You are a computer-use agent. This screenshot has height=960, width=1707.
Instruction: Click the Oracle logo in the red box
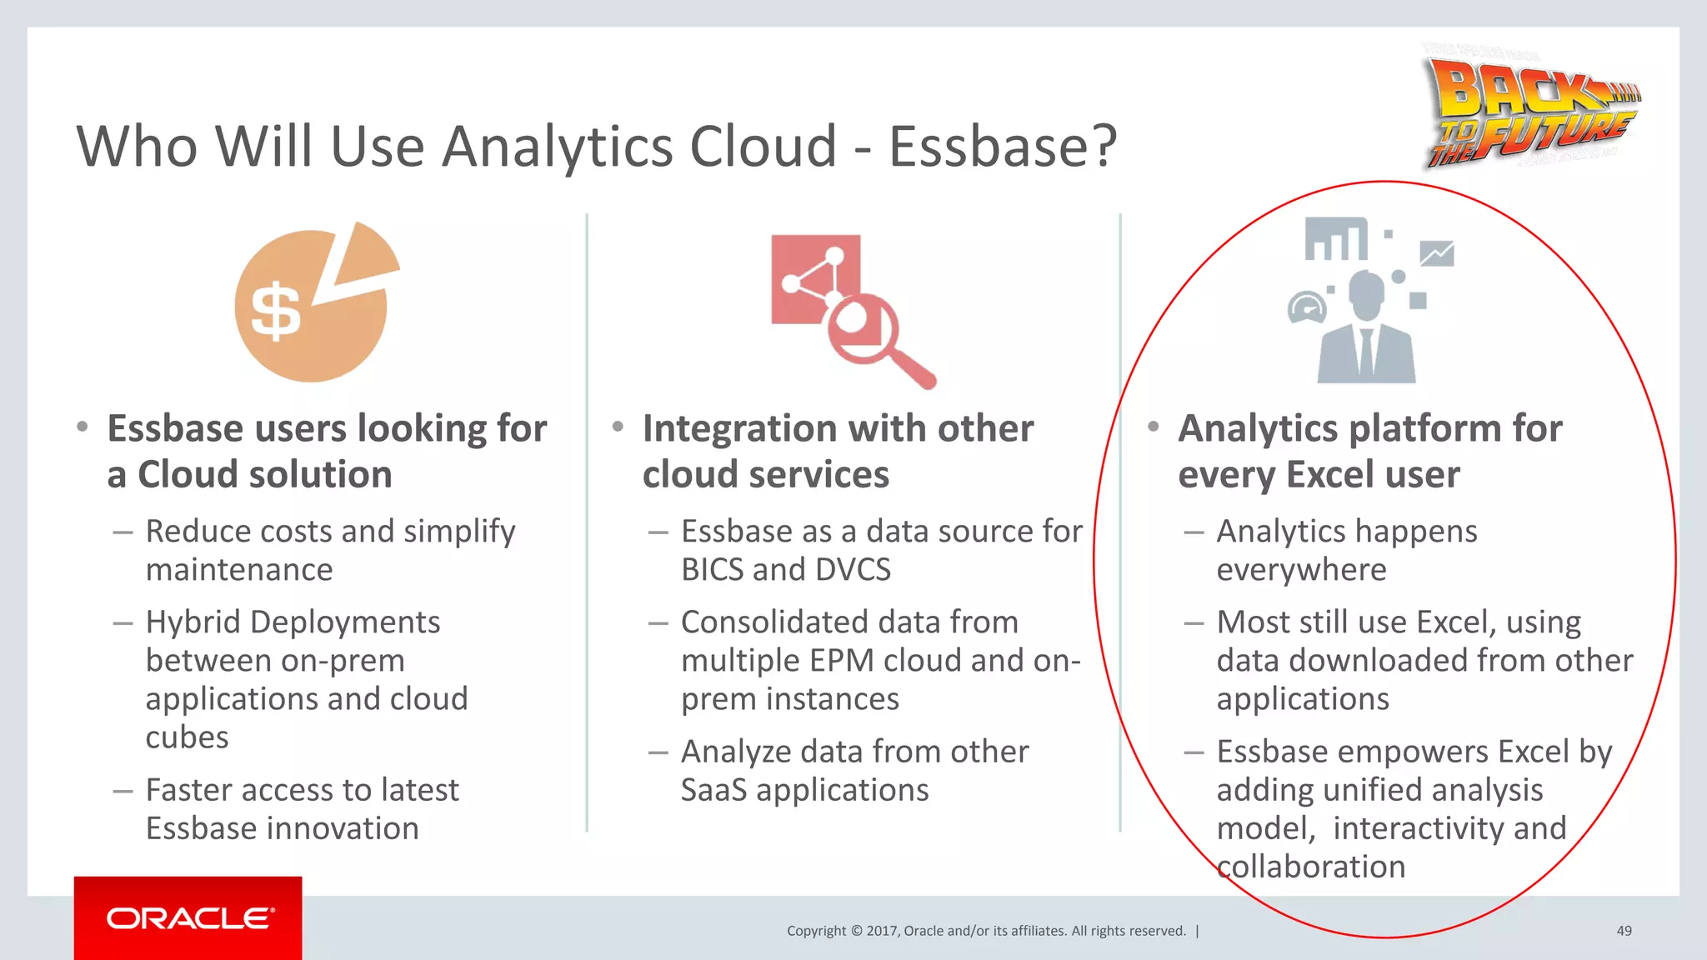189,918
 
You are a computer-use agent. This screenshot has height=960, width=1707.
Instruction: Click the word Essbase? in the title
1003,147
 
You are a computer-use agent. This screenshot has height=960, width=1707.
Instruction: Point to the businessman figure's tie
1366,350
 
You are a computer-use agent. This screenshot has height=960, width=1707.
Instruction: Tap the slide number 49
1624,931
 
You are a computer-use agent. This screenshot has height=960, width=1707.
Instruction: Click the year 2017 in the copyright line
881,931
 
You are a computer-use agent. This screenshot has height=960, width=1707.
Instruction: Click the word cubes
187,737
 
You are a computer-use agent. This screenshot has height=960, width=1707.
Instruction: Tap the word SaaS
713,790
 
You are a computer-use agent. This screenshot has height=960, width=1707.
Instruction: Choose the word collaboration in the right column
1311,867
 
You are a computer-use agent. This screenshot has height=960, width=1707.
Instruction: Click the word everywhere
1301,570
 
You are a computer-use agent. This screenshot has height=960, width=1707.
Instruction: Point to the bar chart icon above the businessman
1335,239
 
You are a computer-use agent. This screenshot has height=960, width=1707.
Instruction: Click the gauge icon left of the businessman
1307,307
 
